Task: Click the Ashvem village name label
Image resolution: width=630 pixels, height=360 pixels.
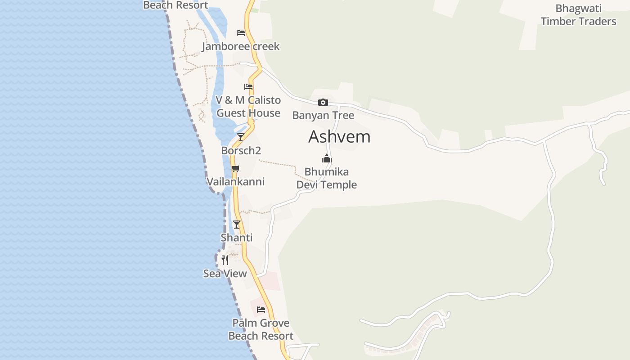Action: coord(339,137)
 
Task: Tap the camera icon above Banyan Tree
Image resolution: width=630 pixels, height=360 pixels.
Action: coord(323,102)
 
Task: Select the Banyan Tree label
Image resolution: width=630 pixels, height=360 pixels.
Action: coord(323,115)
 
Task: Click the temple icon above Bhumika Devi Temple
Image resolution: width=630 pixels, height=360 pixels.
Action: coord(326,158)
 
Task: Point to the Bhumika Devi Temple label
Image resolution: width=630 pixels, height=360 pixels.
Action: coord(326,178)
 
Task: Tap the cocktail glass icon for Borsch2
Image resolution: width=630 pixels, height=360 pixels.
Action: coord(241,137)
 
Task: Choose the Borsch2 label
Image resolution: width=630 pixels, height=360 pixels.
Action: coord(241,150)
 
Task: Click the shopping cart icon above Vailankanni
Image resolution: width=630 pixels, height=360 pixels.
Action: coord(235,169)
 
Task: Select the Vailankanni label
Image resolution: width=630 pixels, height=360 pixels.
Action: coord(235,182)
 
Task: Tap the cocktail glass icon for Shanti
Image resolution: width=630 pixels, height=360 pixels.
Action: coord(237,224)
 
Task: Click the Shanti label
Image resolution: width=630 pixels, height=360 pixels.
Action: coord(237,238)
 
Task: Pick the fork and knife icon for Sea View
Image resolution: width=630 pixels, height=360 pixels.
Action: coord(225,260)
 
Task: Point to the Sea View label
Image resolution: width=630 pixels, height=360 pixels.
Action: coord(225,274)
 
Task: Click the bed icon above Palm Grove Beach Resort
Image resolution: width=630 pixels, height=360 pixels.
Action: coord(261,310)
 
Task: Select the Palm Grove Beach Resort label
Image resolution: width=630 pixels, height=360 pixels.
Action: coord(261,329)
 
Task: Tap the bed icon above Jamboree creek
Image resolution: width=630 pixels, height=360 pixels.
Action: coord(241,33)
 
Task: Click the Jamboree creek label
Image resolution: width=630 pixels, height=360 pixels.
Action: coord(241,46)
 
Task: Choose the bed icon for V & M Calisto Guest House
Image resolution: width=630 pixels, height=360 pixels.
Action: coord(248,87)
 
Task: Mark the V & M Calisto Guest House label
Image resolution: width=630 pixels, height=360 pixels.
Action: coord(248,107)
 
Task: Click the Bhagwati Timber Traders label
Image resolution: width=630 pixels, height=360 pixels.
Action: coord(579,15)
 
